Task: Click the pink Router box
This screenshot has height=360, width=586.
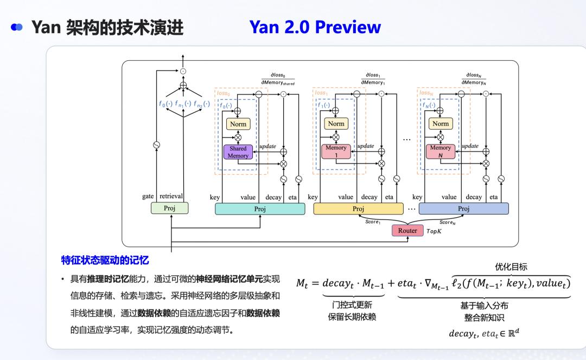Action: click(407, 230)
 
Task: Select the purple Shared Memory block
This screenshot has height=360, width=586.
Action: click(238, 152)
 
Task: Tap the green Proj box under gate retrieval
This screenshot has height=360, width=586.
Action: click(170, 208)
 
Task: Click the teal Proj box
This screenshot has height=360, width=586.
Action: click(260, 209)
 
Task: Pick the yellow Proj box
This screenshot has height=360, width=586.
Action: click(358, 209)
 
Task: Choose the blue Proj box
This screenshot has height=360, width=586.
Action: click(463, 209)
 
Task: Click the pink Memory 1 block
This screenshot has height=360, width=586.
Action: click(336, 151)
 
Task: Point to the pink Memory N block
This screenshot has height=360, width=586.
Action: click(441, 151)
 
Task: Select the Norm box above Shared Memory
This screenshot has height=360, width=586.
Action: click(238, 124)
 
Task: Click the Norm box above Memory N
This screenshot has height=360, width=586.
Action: click(441, 124)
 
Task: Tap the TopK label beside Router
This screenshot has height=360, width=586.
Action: click(434, 231)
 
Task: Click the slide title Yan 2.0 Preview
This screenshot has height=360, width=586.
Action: click(315, 27)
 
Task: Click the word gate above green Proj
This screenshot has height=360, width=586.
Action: click(148, 197)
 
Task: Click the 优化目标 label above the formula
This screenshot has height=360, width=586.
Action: click(511, 267)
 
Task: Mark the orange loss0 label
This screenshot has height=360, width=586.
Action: click(223, 93)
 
